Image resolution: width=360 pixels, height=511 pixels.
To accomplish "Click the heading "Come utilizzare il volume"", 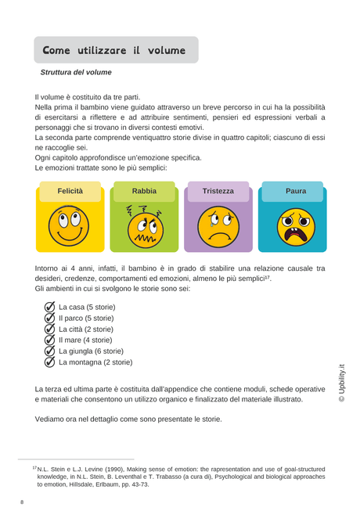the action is (x=114, y=50).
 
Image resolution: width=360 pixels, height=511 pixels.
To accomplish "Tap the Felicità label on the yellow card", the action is (x=70, y=190).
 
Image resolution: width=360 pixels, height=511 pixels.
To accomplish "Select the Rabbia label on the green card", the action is (x=144, y=190).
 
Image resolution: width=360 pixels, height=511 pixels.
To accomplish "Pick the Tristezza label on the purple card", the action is (x=218, y=190).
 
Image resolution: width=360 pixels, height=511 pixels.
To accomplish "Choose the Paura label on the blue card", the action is (x=296, y=190).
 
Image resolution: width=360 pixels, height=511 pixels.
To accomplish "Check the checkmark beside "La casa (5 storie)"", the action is (x=49, y=308).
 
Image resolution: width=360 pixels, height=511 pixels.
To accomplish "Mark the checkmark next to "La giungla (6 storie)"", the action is (x=49, y=351).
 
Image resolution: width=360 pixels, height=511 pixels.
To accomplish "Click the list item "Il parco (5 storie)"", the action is (x=86, y=318).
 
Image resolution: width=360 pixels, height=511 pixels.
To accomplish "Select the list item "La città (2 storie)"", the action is (x=85, y=329).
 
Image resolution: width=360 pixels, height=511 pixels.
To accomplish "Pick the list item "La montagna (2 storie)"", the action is (x=95, y=362).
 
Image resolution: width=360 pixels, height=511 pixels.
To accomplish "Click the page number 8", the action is (x=22, y=501).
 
